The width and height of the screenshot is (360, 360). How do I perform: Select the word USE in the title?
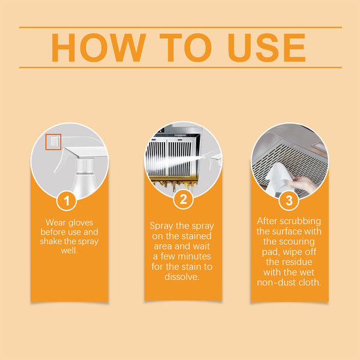pos(264,47)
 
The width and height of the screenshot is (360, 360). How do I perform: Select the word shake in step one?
pos(52,242)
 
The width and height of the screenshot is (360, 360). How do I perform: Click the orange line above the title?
pos(180,27)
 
